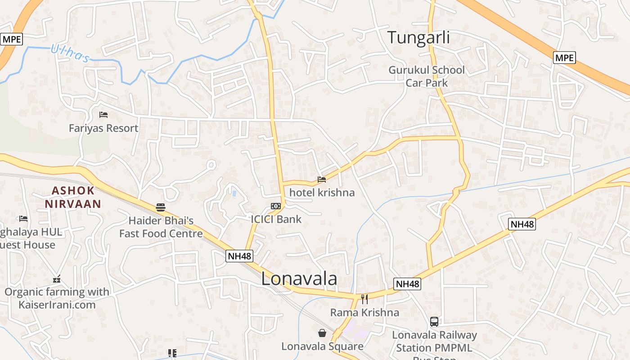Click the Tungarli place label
tap(418, 38)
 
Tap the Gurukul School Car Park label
tap(427, 76)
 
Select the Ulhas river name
tap(70, 54)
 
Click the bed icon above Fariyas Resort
tap(103, 115)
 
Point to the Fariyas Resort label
tap(103, 128)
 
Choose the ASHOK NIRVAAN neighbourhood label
tap(73, 197)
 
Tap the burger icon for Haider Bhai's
tap(161, 207)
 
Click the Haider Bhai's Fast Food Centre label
tap(161, 227)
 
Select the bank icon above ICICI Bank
tap(276, 206)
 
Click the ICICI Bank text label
tap(276, 219)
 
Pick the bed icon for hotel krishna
tap(322, 180)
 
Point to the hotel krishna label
tap(322, 193)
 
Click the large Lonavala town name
tap(299, 279)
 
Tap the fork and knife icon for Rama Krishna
tap(364, 299)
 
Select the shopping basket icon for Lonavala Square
tap(322, 333)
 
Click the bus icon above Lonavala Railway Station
tap(434, 322)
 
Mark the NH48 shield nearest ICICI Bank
tap(239, 256)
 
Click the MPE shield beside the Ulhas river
tap(11, 39)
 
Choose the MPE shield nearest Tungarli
tap(564, 58)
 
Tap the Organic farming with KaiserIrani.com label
tap(57, 298)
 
